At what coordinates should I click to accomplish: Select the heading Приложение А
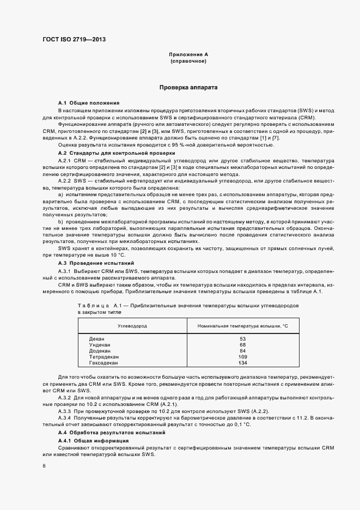pyautogui.click(x=188, y=55)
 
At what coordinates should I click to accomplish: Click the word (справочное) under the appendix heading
pyautogui.click(x=188, y=62)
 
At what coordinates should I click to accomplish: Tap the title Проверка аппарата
pyautogui.click(x=188, y=87)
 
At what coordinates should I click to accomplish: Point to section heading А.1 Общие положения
pyautogui.click(x=89, y=103)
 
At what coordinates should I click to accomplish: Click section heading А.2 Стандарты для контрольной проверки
pyautogui.click(x=117, y=154)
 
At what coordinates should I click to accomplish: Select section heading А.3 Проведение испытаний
pyautogui.click(x=96, y=263)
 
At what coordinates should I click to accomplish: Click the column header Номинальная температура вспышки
pyautogui.click(x=242, y=325)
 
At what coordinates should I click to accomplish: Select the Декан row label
pyautogui.click(x=96, y=339)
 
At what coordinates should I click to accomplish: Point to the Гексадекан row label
pyautogui.click(x=103, y=362)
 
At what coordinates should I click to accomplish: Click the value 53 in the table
pyautogui.click(x=242, y=339)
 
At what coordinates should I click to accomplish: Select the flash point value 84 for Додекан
pyautogui.click(x=242, y=350)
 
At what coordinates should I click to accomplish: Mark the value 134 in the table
pyautogui.click(x=242, y=362)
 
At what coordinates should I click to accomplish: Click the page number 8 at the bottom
pyautogui.click(x=44, y=466)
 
